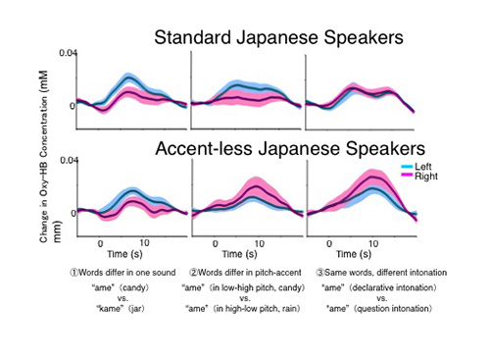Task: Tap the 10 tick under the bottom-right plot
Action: tap(372, 240)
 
